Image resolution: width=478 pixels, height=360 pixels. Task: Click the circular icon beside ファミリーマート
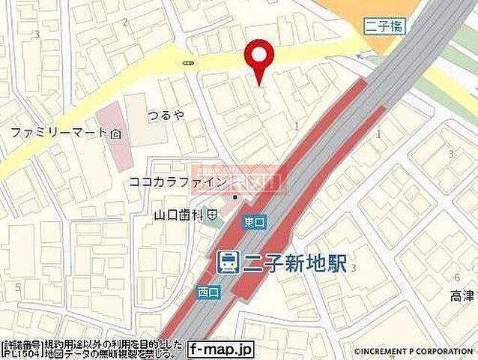point(116,133)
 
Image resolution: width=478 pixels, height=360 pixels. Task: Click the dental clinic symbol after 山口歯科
point(213,214)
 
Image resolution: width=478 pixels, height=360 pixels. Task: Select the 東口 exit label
point(253,223)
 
